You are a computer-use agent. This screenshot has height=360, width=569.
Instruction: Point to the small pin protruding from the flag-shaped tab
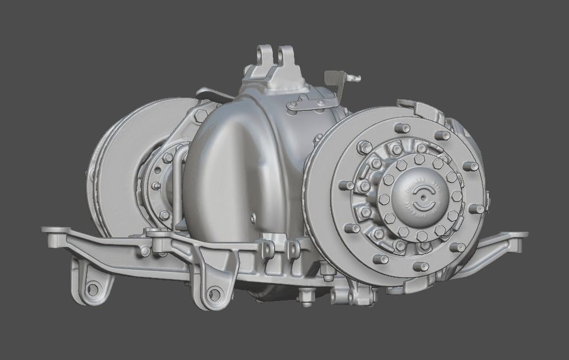356,78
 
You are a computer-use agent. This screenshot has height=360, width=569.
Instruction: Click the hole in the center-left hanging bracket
214,295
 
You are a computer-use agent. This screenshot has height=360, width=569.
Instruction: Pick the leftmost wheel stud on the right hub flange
346,185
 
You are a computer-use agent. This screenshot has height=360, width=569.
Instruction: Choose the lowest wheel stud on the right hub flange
420,267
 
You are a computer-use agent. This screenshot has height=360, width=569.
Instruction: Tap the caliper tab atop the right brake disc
417,107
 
